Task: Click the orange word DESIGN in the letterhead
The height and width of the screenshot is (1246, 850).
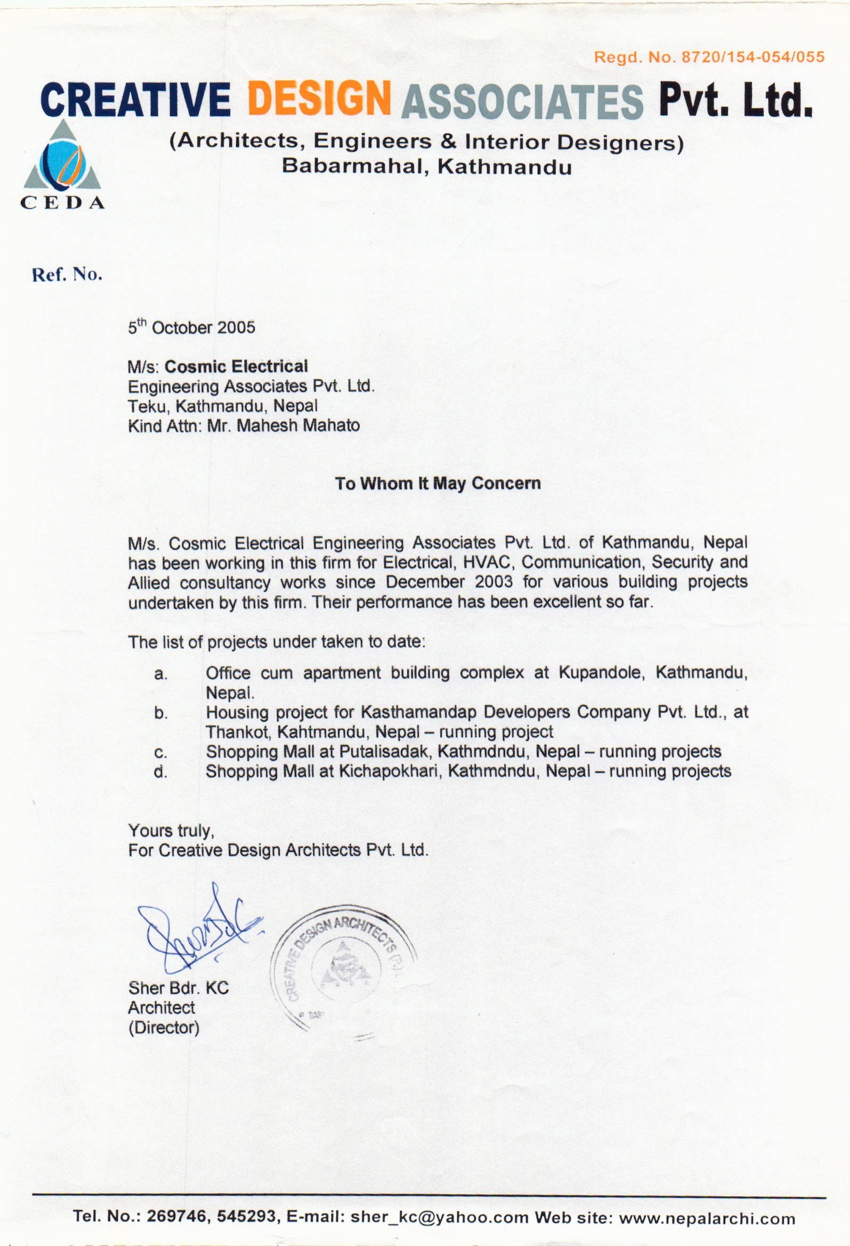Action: pyautogui.click(x=318, y=98)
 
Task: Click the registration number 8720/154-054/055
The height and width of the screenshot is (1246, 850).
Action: pyautogui.click(x=752, y=57)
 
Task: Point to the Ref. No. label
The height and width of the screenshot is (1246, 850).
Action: pyautogui.click(x=67, y=275)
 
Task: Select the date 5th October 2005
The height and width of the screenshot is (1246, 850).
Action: pyautogui.click(x=191, y=327)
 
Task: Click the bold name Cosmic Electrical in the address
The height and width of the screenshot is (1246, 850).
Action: pyautogui.click(x=236, y=367)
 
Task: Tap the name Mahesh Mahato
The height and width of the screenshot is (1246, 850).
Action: pyautogui.click(x=298, y=425)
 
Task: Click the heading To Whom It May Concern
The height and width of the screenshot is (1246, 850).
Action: pyautogui.click(x=438, y=484)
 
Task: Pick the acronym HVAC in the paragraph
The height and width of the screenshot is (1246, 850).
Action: pyautogui.click(x=486, y=562)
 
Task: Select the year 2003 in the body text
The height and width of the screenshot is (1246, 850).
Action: pyautogui.click(x=493, y=582)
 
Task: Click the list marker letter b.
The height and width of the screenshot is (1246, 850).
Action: pyautogui.click(x=160, y=713)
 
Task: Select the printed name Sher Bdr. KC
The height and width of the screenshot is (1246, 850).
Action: pyautogui.click(x=179, y=987)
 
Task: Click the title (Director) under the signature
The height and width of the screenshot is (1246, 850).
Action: pyautogui.click(x=164, y=1028)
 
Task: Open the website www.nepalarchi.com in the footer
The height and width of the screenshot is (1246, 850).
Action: pyautogui.click(x=707, y=1218)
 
